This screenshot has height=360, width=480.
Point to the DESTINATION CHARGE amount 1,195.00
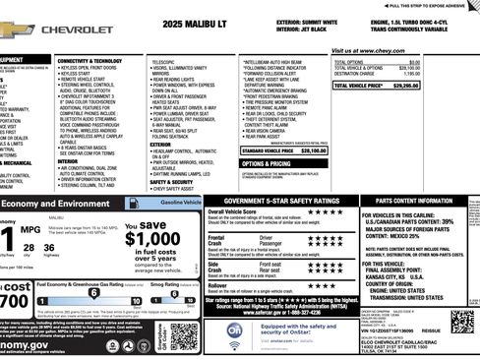(x=449, y=73)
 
